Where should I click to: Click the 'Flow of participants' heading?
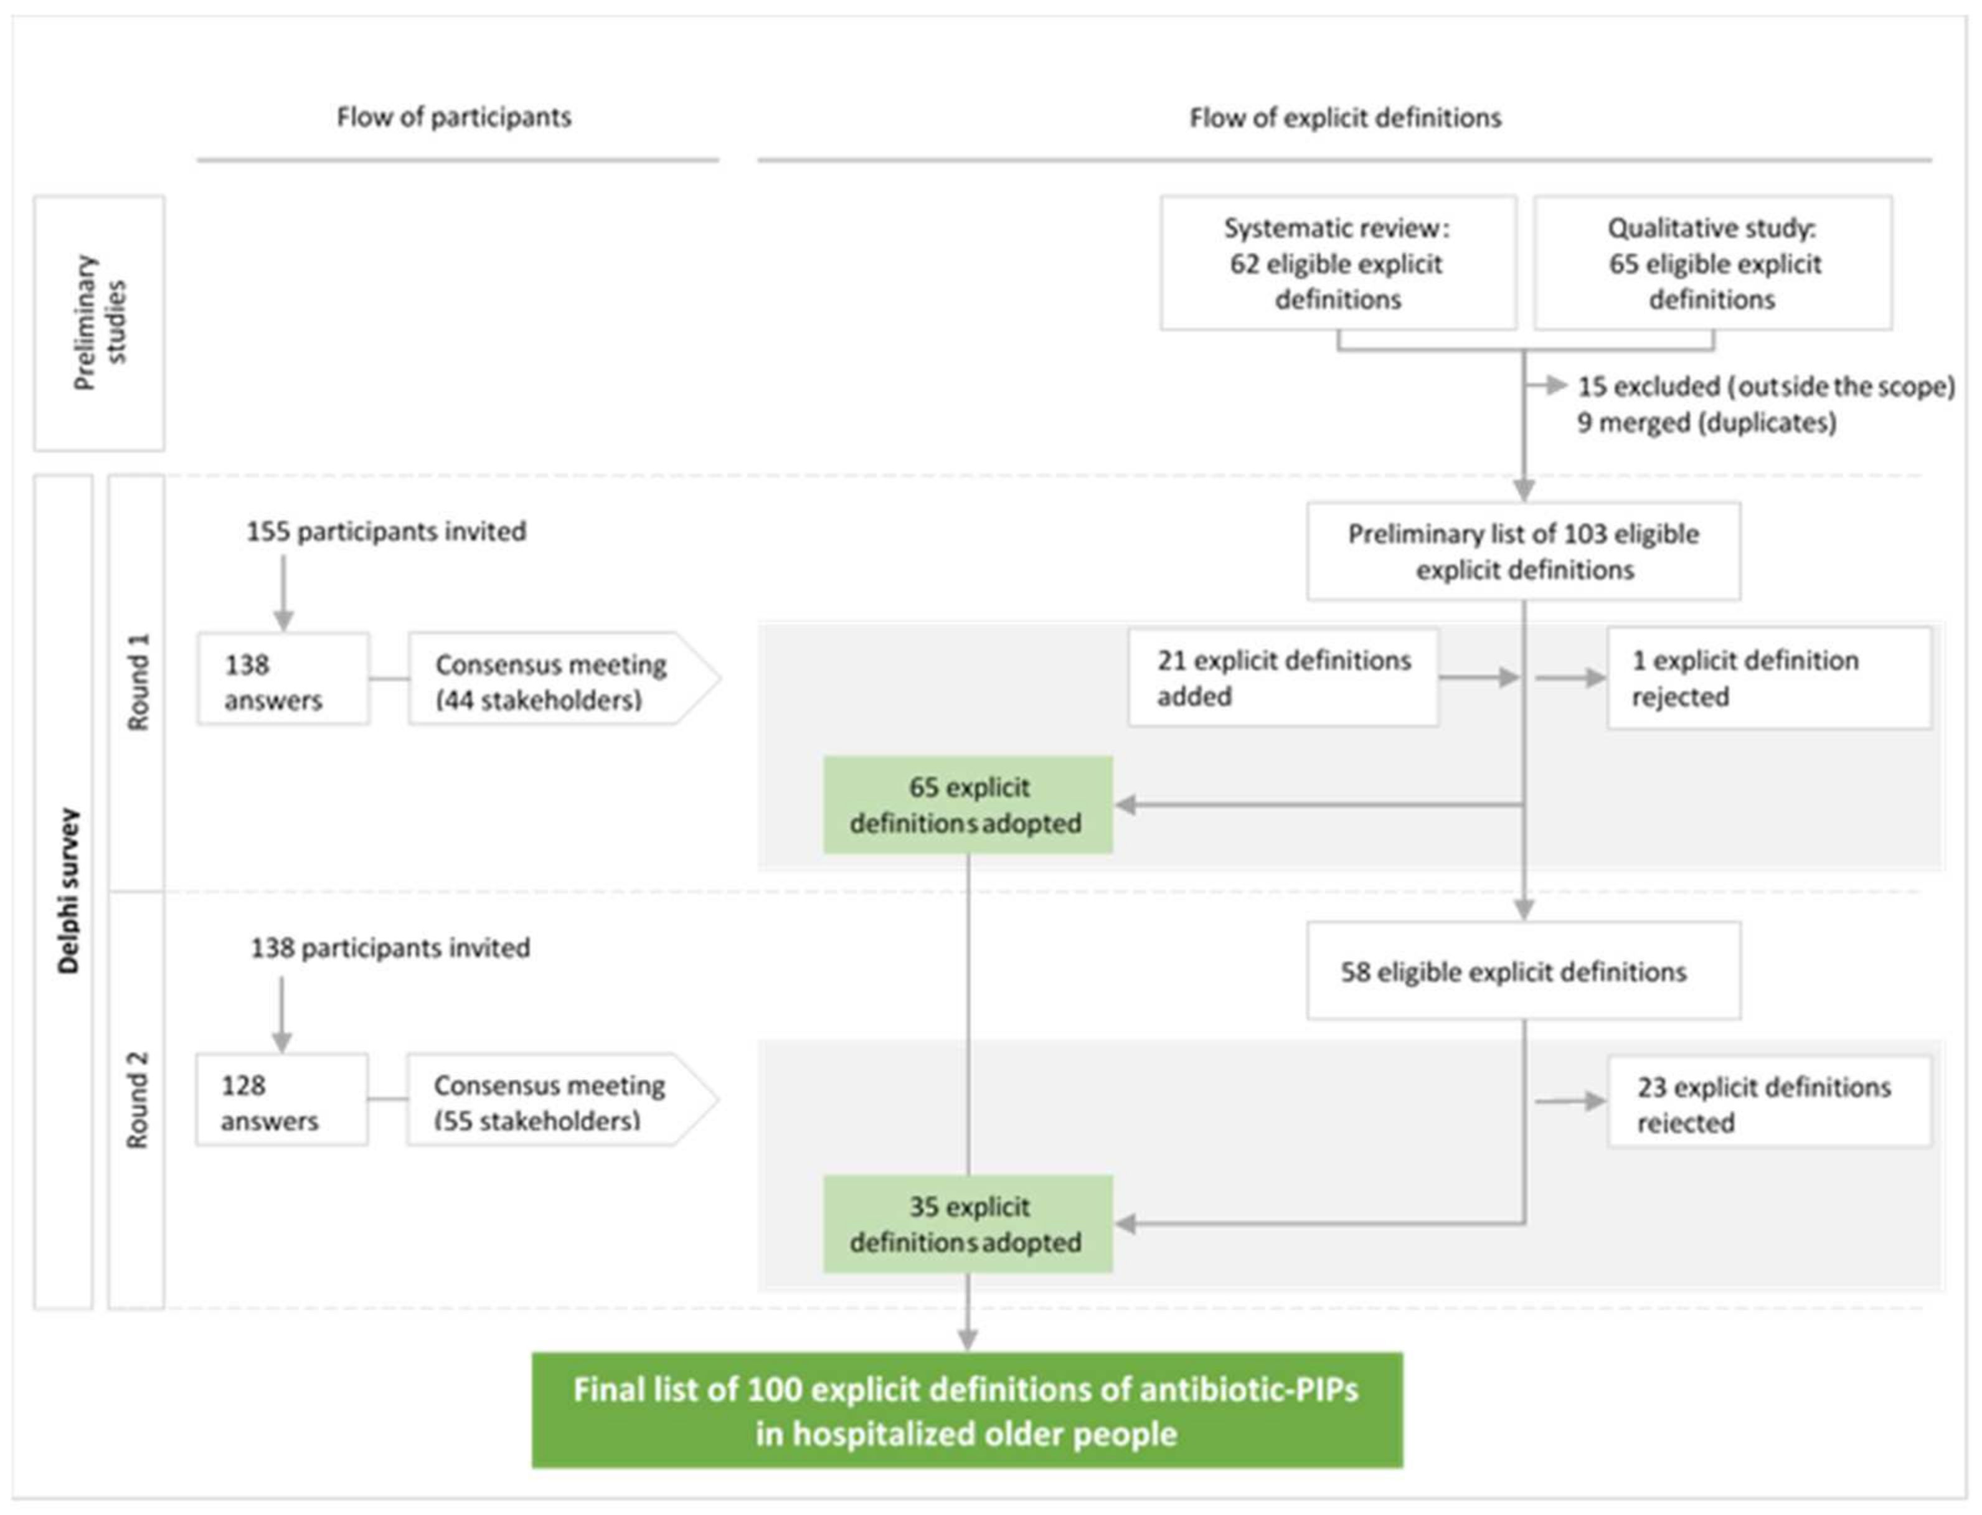point(453,117)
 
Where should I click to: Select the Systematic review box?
point(1338,263)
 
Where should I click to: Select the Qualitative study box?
point(1712,263)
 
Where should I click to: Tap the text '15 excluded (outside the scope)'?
point(1765,386)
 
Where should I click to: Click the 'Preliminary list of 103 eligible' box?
point(1523,551)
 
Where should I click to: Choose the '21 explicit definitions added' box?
point(1282,677)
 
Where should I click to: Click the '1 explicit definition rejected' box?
point(1768,677)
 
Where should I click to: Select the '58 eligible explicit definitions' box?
point(1523,971)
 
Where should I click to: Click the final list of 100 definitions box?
point(966,1411)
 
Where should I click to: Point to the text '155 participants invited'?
point(387,531)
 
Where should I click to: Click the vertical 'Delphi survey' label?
point(68,891)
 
